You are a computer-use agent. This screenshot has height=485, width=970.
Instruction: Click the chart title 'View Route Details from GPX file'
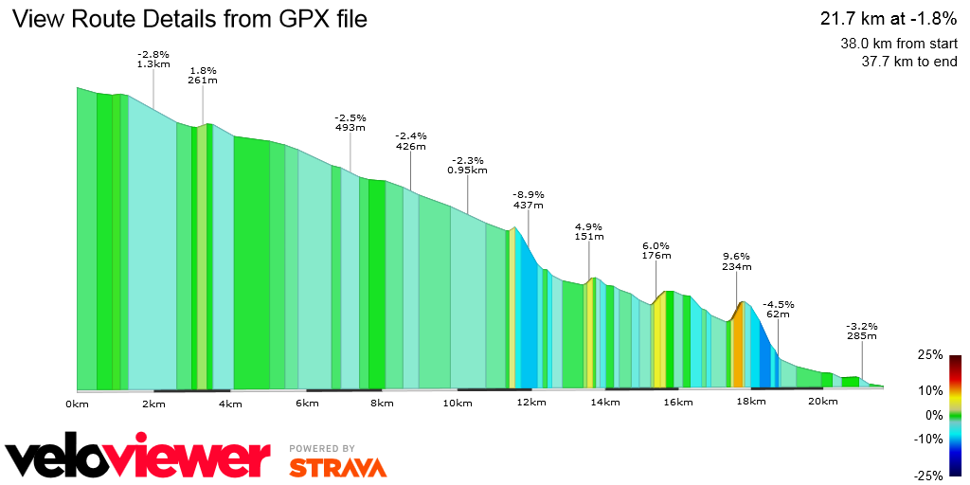point(189,19)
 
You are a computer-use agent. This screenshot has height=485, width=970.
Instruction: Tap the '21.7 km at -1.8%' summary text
point(889,18)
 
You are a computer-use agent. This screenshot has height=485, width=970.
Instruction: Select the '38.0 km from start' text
point(898,44)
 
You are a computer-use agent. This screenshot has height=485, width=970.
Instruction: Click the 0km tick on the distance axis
point(77,404)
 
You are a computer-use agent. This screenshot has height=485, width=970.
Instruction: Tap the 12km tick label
point(530,404)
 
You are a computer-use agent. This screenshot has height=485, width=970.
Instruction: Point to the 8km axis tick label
point(382,404)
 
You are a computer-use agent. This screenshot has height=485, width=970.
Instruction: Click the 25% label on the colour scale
point(930,354)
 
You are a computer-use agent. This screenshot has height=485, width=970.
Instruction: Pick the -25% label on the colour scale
point(928,476)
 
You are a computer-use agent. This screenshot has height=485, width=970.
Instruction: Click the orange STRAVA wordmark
point(337,467)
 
